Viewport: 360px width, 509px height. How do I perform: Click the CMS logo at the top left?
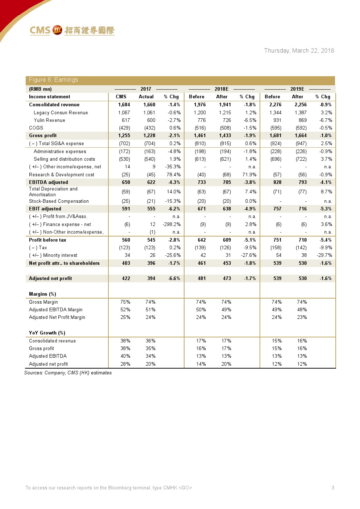pyautogui.click(x=72, y=30)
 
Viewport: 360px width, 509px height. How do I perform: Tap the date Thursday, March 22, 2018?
pyautogui.click(x=299, y=51)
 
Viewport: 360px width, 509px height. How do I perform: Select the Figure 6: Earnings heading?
pyautogui.click(x=53, y=80)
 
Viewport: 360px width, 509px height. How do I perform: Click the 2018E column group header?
pyautogui.click(x=221, y=89)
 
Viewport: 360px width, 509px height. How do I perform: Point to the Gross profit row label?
pyautogui.click(x=43, y=136)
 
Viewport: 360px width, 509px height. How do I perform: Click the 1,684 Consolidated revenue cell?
pyautogui.click(x=124, y=105)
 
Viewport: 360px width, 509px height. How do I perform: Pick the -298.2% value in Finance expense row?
pyautogui.click(x=171, y=225)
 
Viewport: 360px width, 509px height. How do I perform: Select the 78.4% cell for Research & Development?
pyautogui.click(x=174, y=175)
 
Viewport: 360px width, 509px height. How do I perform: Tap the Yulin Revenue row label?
pyautogui.click(x=49, y=120)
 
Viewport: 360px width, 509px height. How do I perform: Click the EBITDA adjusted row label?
pyautogui.click(x=48, y=182)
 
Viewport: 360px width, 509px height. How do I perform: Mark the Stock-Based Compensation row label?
pyautogui.click(x=59, y=201)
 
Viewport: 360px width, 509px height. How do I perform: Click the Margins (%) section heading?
pyautogui.click(x=42, y=294)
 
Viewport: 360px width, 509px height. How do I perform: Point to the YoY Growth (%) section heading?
pyautogui.click(x=47, y=333)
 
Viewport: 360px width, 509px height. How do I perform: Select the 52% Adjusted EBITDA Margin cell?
pyautogui.click(x=125, y=310)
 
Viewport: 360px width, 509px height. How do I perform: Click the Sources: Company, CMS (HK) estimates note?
pyautogui.click(x=68, y=373)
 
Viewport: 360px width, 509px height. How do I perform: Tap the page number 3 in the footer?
pyautogui.click(x=333, y=488)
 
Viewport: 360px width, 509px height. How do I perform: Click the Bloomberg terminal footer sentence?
pyautogui.click(x=108, y=488)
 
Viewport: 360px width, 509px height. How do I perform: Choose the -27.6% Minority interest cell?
pyautogui.click(x=249, y=255)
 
